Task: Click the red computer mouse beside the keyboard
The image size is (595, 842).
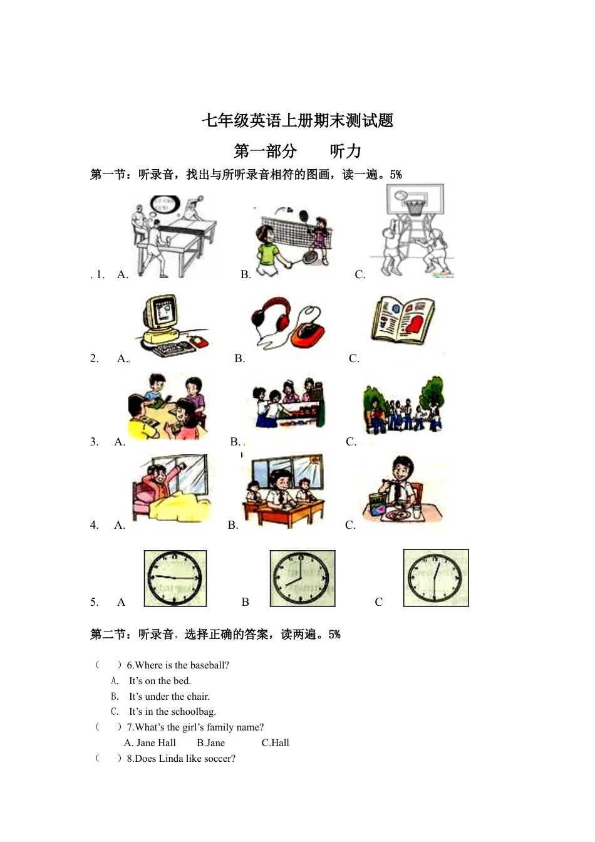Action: (x=199, y=341)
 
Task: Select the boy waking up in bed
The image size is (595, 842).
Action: (x=170, y=489)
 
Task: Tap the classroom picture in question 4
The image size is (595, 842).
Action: (x=284, y=491)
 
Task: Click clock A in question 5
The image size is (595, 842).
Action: (x=175, y=578)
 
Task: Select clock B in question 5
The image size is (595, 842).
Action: (x=303, y=578)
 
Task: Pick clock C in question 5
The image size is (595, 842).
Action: (x=436, y=578)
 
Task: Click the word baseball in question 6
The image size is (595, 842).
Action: (x=207, y=665)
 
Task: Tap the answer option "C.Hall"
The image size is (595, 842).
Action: (x=276, y=743)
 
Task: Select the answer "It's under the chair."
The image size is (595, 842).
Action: (x=169, y=697)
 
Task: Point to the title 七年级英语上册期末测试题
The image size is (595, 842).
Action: (x=297, y=120)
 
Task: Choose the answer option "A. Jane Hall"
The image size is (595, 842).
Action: (x=150, y=743)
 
